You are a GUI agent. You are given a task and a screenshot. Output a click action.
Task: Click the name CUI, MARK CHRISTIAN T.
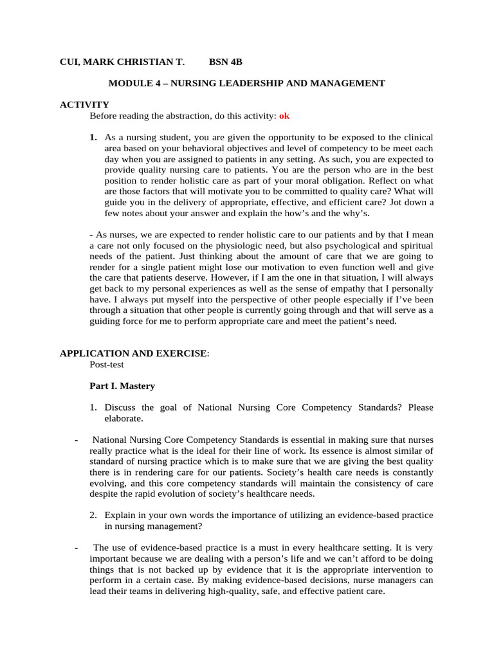tap(122, 62)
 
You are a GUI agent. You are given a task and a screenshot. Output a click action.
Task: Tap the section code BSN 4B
tap(226, 62)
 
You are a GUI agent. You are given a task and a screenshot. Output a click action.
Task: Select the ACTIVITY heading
tap(84, 104)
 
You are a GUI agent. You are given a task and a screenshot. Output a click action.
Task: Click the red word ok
tap(284, 116)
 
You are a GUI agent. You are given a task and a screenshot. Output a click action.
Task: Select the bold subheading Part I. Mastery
tap(122, 386)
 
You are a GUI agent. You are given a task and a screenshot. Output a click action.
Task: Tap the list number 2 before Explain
tap(93, 515)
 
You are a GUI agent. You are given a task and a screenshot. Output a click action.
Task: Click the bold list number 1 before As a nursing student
tap(93, 138)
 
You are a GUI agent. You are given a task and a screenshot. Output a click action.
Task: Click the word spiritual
tap(416, 246)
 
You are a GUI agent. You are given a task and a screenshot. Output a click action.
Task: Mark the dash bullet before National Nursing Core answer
tap(77, 440)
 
